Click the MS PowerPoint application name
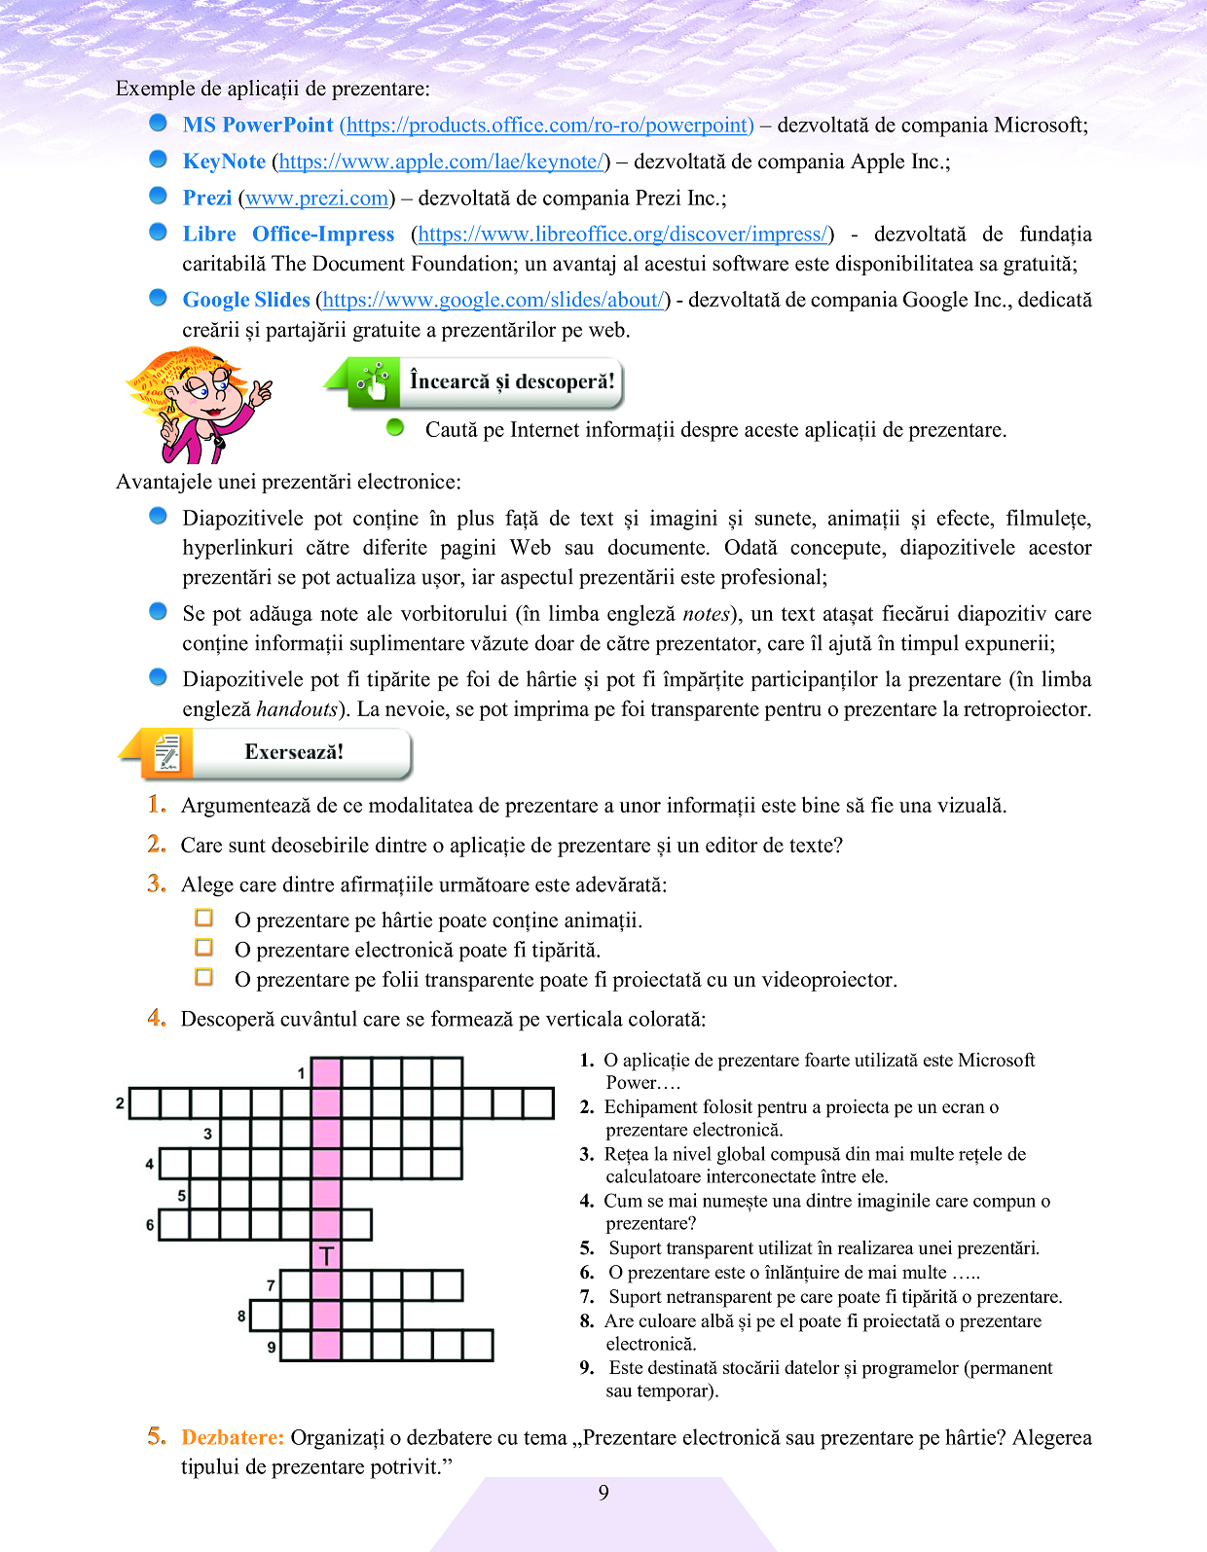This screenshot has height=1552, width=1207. click(x=258, y=125)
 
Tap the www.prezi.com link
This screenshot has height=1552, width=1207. click(x=316, y=199)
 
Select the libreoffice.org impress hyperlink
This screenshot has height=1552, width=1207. click(x=622, y=235)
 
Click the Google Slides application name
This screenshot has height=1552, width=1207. click(x=246, y=300)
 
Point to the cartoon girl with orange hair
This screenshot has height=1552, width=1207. click(x=200, y=404)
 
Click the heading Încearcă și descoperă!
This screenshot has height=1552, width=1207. click(x=512, y=381)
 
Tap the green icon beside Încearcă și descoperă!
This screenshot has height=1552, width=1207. click(x=373, y=381)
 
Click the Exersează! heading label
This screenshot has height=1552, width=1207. click(x=294, y=752)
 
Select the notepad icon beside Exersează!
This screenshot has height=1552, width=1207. click(x=167, y=753)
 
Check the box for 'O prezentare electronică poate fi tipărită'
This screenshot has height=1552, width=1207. click(x=204, y=948)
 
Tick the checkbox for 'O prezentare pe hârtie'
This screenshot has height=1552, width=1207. click(x=204, y=918)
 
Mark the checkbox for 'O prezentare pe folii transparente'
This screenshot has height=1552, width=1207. click(x=204, y=977)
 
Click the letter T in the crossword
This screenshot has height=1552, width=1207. click(x=326, y=1255)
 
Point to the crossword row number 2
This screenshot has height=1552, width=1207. click(x=120, y=1103)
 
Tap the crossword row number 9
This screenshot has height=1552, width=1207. click(x=272, y=1348)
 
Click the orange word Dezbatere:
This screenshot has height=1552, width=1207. click(x=233, y=1438)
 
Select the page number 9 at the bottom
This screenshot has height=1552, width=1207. click(x=603, y=1493)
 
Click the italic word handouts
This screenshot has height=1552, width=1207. click(x=297, y=709)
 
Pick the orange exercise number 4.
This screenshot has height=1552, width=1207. click(x=157, y=1019)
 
